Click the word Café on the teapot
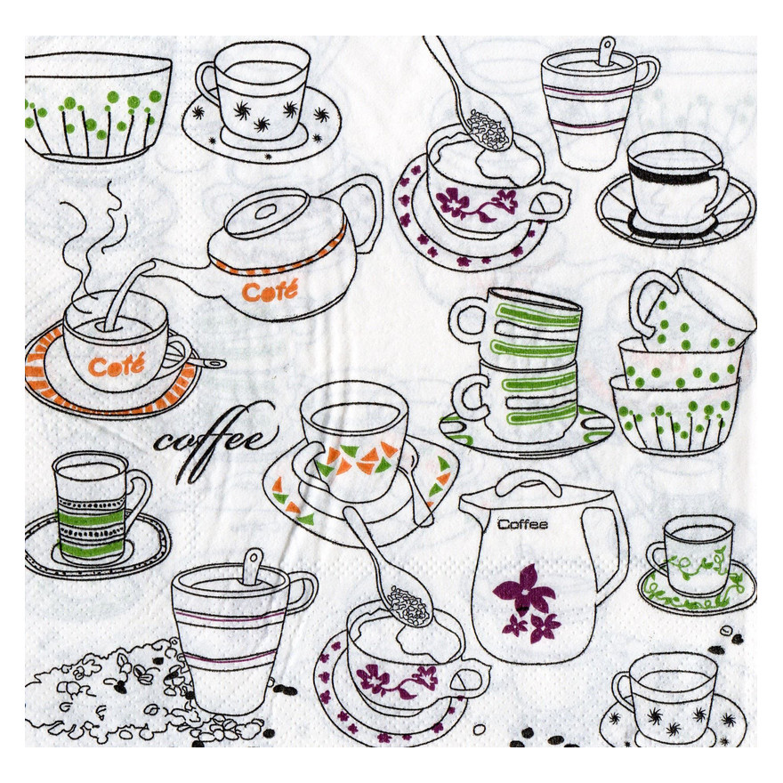coord(270,290)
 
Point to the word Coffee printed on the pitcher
coord(522,524)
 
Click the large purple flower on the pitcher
coord(523,590)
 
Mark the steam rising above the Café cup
coord(95,239)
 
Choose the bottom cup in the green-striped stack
coord(520,400)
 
